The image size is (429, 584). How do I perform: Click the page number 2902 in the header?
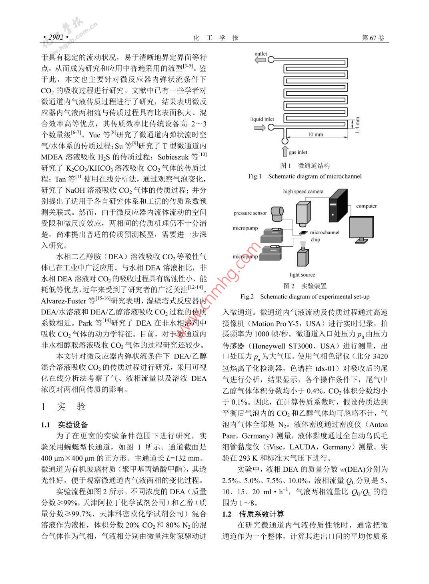(56, 37)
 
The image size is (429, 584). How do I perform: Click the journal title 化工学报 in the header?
(216, 38)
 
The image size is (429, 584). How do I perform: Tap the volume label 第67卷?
(373, 38)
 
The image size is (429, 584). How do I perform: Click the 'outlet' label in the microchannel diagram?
(261, 54)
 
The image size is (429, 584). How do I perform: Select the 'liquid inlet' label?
(262, 119)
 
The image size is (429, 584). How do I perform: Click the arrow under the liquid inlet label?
(260, 127)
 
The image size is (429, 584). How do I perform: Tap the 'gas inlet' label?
(298, 152)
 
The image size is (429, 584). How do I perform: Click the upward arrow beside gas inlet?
(285, 152)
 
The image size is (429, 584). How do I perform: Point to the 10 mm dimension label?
(315, 135)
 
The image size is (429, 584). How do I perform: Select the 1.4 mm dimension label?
(357, 125)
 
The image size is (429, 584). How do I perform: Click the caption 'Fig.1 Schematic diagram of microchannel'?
(305, 176)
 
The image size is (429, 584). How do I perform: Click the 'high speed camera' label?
(303, 191)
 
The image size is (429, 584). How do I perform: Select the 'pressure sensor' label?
(250, 213)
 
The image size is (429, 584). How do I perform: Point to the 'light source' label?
(302, 275)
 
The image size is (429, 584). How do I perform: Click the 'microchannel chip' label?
(324, 236)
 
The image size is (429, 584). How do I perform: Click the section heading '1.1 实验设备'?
(64, 425)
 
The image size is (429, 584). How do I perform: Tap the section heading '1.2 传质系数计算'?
(253, 514)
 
